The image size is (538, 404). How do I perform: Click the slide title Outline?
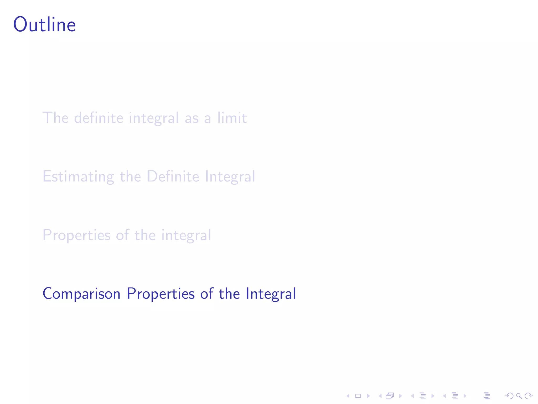(44, 25)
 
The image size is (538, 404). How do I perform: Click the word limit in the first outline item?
(232, 118)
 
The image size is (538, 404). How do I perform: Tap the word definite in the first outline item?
(99, 118)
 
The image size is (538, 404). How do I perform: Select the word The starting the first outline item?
(55, 118)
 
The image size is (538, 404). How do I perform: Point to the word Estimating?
(78, 176)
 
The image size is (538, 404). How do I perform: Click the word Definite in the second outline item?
(173, 176)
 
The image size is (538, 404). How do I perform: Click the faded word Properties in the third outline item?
(76, 235)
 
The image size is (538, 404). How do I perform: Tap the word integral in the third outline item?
(186, 235)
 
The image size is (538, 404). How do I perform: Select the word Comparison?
(81, 294)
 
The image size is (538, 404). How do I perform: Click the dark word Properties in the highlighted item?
(161, 294)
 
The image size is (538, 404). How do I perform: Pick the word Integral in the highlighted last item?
(271, 294)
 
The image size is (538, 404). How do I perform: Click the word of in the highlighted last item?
(207, 294)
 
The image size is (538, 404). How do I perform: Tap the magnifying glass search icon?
(519, 396)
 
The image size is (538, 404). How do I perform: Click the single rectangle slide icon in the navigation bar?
(358, 396)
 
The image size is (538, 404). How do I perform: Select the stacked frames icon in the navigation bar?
(390, 396)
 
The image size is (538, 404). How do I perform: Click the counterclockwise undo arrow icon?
(509, 396)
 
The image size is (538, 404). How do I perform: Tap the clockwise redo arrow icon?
(529, 396)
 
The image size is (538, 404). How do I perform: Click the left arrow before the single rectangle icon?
(348, 396)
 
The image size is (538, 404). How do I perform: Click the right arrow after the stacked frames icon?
(401, 396)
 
